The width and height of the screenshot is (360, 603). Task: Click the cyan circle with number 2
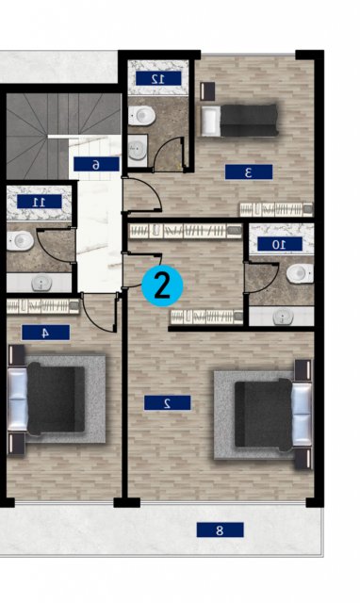162,286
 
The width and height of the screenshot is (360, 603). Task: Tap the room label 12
158,78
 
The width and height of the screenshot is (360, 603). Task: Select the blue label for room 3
249,171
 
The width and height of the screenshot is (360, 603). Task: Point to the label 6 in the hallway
96,164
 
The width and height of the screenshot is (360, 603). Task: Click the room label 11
40,202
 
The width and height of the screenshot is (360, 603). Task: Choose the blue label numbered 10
279,244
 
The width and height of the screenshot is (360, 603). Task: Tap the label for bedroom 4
45,333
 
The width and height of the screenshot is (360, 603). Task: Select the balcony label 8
220,530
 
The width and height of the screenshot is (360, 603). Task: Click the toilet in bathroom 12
141,115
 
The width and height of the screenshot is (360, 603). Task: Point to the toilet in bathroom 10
300,273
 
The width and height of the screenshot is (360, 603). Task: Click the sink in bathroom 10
283,317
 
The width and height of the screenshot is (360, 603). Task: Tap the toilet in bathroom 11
20,241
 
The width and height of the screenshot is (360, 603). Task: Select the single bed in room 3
238,121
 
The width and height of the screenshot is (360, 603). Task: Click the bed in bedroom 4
46,399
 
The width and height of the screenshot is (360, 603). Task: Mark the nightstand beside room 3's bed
207,91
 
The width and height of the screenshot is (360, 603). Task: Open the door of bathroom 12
170,154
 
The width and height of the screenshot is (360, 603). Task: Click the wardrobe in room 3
276,209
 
